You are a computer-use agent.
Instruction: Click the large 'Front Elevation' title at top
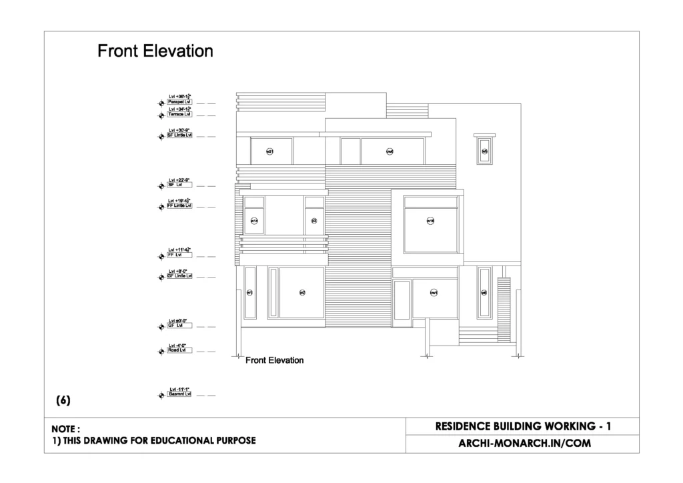point(155,51)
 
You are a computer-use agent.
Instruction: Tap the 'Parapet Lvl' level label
point(179,101)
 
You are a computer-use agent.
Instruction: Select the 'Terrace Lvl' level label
point(179,114)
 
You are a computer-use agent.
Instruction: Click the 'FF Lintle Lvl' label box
point(179,205)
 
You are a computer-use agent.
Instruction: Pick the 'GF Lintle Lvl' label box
point(179,276)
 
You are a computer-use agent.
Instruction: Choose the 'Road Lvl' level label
point(179,350)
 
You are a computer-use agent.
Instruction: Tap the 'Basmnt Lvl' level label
point(179,394)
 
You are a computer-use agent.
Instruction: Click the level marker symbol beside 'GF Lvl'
point(161,326)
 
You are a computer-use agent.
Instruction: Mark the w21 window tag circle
point(270,151)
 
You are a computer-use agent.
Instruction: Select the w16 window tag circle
point(431,221)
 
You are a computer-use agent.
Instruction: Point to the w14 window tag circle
point(254,220)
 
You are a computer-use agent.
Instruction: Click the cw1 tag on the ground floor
point(434,292)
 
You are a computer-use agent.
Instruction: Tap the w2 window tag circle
point(302,292)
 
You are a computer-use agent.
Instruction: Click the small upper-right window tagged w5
point(485,151)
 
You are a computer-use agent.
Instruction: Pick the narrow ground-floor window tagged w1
point(250,292)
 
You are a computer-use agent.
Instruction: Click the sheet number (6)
point(63,401)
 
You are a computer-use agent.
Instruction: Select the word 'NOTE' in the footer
point(65,429)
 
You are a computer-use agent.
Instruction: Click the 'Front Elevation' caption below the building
point(274,360)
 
